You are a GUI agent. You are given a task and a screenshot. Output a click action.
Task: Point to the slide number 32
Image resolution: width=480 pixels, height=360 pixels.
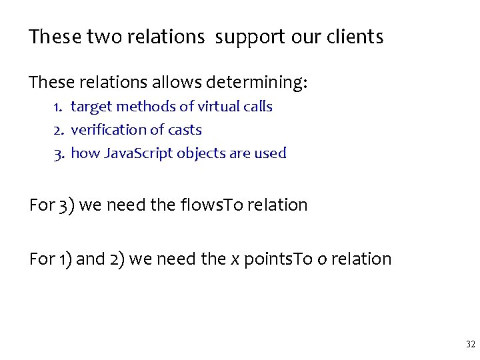coord(470,345)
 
